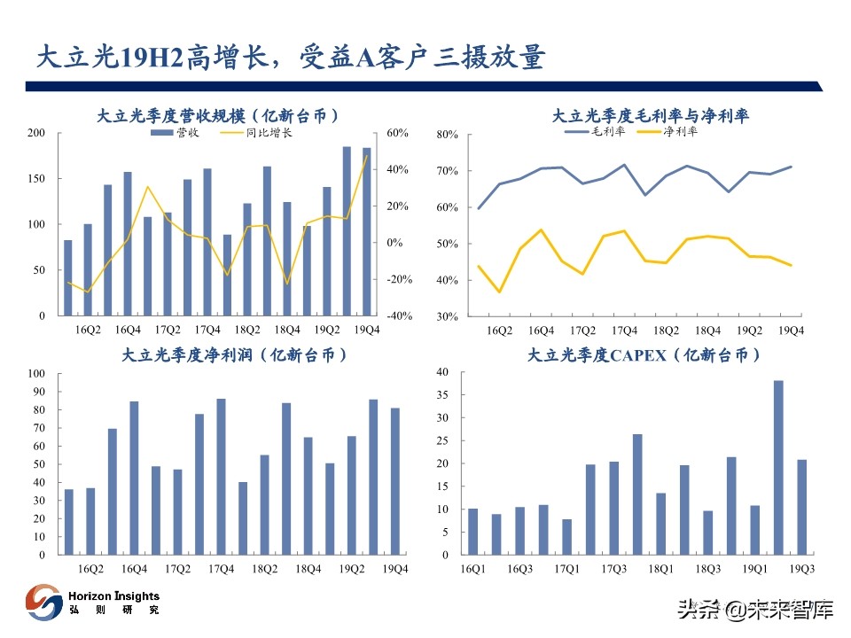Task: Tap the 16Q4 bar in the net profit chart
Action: coord(134,478)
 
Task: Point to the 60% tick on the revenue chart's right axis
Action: coord(396,133)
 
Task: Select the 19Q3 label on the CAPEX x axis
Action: coord(801,570)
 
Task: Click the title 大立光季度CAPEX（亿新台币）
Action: coord(644,354)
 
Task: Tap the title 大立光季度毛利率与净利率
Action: coord(650,115)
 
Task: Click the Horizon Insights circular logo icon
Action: coord(43,603)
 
